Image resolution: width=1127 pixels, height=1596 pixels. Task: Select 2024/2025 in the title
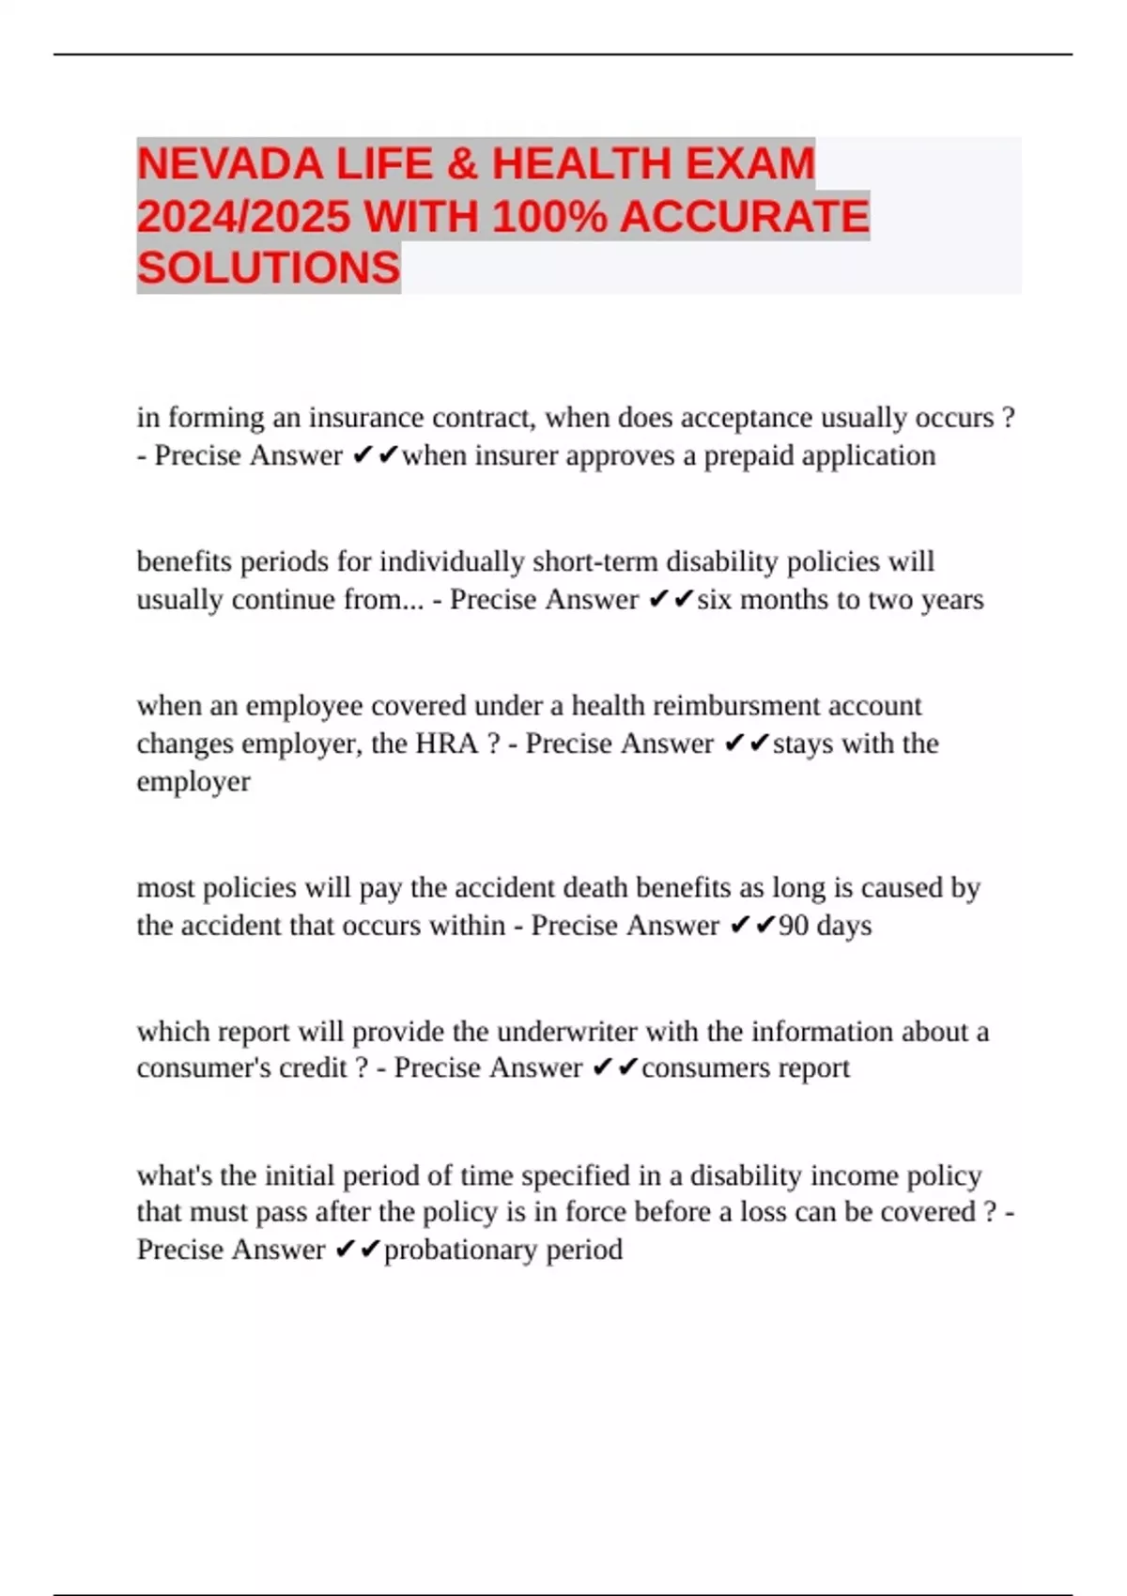coord(243,217)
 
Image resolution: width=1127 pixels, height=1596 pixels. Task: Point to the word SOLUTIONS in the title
coord(269,269)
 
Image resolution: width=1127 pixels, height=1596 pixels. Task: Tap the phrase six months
coord(764,599)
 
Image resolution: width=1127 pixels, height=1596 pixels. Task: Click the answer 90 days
coord(825,926)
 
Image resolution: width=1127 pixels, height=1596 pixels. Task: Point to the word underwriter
coord(567,1032)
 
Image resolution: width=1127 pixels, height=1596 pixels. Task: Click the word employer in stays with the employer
coord(193,781)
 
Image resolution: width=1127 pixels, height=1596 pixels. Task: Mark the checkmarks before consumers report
coord(615,1068)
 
